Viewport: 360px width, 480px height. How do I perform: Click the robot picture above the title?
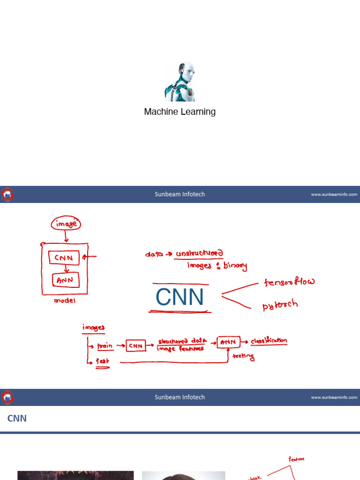pos(180,82)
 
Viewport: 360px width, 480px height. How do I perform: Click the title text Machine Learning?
pos(180,112)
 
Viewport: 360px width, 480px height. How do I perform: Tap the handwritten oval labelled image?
pos(66,225)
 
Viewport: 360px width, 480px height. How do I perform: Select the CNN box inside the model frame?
pos(64,257)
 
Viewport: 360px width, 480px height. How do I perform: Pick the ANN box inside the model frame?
pos(65,281)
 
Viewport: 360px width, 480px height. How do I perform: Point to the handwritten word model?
pos(65,301)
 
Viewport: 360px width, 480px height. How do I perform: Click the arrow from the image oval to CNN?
pos(66,237)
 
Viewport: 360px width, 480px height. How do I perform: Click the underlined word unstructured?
pos(199,254)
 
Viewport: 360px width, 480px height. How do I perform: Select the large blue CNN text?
pos(180,297)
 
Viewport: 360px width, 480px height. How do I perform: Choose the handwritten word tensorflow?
pos(289,282)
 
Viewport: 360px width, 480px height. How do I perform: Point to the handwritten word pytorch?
pos(280,305)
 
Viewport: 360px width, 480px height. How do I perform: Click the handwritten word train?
pos(105,346)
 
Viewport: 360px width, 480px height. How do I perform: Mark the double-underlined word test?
pos(102,362)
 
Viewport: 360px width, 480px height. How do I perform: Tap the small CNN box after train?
pos(136,346)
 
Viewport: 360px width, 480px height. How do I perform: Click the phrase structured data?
pos(181,342)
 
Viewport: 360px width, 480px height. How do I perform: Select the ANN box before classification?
pos(229,343)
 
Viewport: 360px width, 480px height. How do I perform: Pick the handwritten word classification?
pos(269,341)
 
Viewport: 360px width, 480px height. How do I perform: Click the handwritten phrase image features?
pos(180,349)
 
